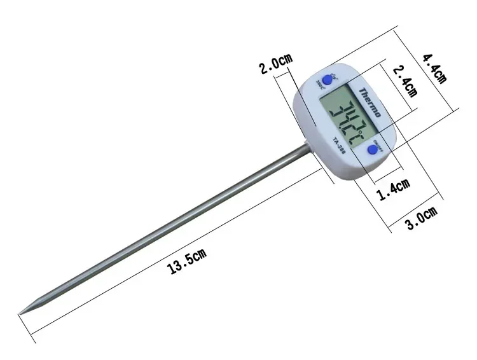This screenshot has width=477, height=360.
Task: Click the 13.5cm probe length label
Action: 187,261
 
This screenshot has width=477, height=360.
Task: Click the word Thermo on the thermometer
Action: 369,102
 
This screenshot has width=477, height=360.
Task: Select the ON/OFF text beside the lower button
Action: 382,142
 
